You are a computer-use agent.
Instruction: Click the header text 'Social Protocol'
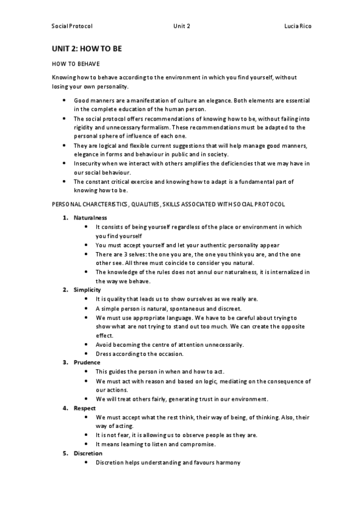(72, 27)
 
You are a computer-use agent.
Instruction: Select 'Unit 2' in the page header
(181, 27)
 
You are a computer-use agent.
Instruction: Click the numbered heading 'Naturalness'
(90, 217)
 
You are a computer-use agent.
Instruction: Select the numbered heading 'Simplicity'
(87, 290)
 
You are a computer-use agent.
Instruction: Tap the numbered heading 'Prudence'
(87, 362)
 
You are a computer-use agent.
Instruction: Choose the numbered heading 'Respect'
(85, 408)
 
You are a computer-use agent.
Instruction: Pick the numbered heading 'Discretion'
(88, 453)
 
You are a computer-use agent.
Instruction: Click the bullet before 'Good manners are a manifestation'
(64, 99)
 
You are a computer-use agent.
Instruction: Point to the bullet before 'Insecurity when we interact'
(64, 163)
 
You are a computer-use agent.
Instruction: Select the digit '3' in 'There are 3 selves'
(124, 254)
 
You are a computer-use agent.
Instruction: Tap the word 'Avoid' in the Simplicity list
(104, 344)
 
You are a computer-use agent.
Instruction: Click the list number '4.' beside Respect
(65, 408)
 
